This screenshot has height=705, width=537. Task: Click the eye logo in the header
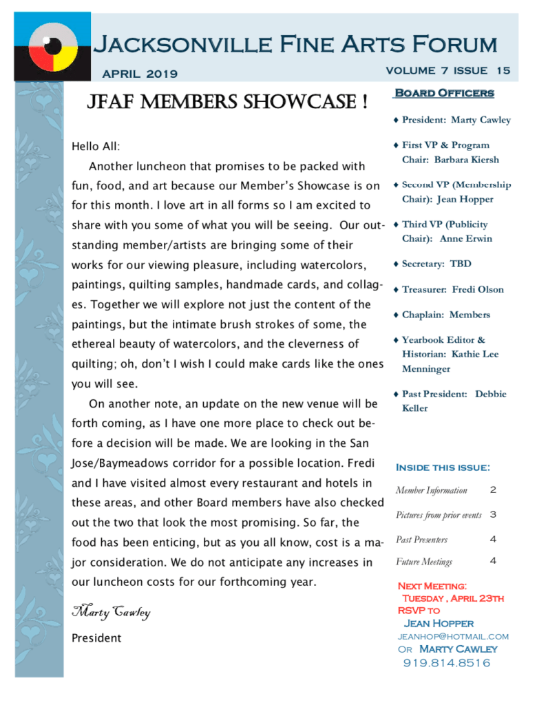(52, 47)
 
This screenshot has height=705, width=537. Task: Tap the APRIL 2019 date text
(139, 74)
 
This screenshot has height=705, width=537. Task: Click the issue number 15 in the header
(503, 70)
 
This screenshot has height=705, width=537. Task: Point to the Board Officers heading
(443, 93)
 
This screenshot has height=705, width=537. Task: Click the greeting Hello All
(96, 146)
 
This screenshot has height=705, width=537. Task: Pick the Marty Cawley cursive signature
(111, 611)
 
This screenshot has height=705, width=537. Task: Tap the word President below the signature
(96, 638)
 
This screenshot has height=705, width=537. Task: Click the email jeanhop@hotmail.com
(453, 636)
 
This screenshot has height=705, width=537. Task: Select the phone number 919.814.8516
(447, 663)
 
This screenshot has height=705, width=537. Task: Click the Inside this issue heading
(443, 467)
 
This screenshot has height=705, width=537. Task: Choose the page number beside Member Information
(492, 490)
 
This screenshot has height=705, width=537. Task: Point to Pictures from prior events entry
(439, 515)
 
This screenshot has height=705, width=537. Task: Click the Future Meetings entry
(424, 562)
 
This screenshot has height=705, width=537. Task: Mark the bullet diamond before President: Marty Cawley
(396, 120)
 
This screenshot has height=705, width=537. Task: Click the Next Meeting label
(432, 586)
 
